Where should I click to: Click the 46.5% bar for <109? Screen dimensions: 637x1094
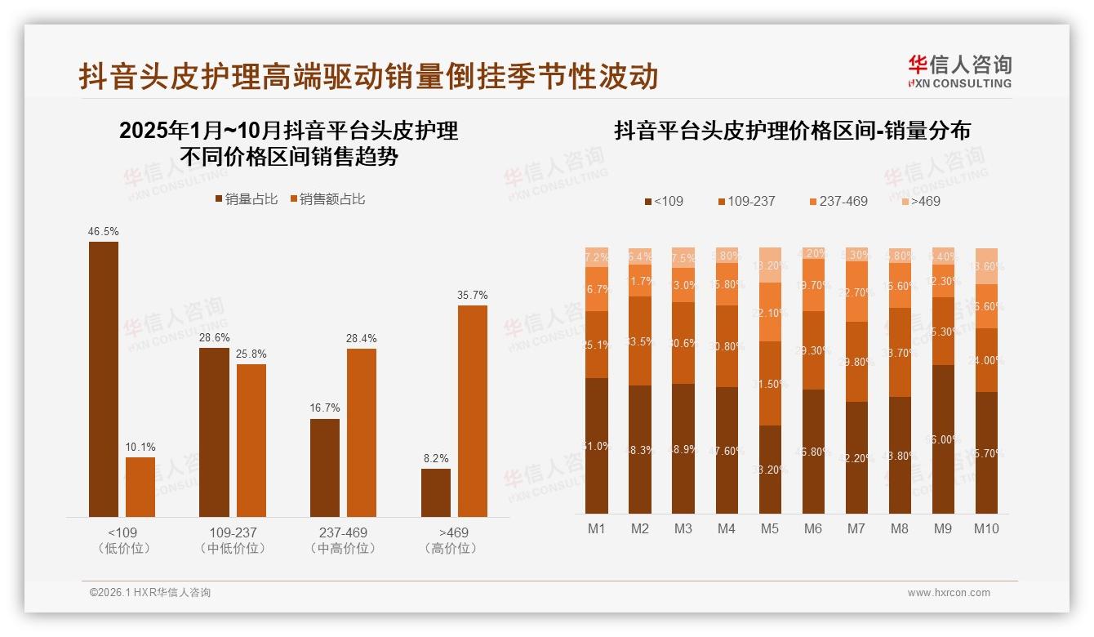pyautogui.click(x=103, y=379)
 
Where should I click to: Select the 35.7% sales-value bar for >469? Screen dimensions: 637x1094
pyautogui.click(x=473, y=411)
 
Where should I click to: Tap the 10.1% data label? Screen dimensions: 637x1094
pyautogui.click(x=140, y=447)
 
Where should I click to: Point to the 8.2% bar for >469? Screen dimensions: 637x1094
pyautogui.click(x=436, y=492)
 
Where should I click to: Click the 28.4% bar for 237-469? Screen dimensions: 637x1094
pyautogui.click(x=362, y=433)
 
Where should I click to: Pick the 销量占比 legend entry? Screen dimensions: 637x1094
pyautogui.click(x=246, y=199)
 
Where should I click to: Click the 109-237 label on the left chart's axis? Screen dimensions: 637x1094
pyautogui.click(x=233, y=532)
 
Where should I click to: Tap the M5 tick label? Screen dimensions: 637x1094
pyautogui.click(x=770, y=528)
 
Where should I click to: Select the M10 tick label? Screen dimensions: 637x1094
pyautogui.click(x=986, y=528)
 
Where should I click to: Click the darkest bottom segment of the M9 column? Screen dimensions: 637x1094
pyautogui.click(x=943, y=439)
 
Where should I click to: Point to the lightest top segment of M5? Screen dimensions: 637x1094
pyautogui.click(x=770, y=265)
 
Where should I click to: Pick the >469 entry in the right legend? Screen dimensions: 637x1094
pyautogui.click(x=921, y=201)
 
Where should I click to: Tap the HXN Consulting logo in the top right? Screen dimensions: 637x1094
pyautogui.click(x=959, y=71)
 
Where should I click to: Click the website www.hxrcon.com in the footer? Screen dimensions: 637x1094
pyautogui.click(x=949, y=593)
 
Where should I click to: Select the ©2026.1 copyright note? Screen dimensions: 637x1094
pyautogui.click(x=150, y=593)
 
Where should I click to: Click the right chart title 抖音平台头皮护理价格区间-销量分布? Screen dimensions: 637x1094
pyautogui.click(x=792, y=131)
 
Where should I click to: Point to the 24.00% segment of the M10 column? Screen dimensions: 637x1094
pyautogui.click(x=986, y=360)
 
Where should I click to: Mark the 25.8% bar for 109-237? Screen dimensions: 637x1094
pyautogui.click(x=251, y=440)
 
